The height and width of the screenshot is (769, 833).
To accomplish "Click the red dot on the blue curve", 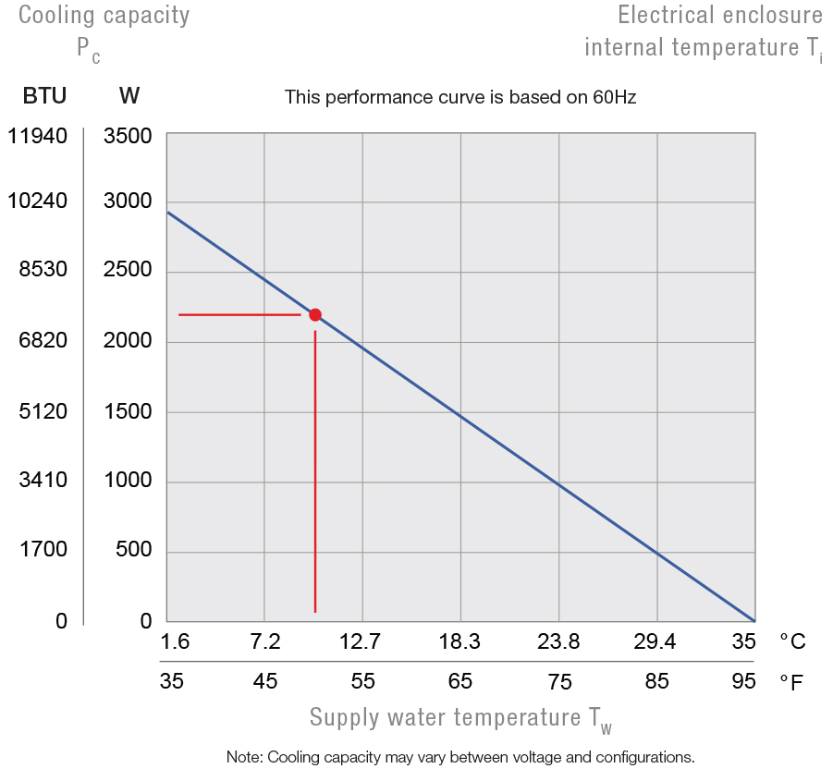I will (x=315, y=315).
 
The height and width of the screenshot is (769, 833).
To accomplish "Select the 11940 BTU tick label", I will (x=37, y=137).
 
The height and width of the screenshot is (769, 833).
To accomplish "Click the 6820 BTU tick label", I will (x=43, y=341).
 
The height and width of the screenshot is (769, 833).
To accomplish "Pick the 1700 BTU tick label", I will (x=43, y=550).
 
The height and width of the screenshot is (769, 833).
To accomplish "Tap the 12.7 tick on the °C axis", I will (x=361, y=641).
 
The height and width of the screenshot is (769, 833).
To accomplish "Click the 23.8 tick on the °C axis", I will (x=558, y=641).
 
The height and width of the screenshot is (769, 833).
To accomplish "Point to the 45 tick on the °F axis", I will (x=265, y=682).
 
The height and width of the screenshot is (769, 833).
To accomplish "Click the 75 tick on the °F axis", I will (x=559, y=682).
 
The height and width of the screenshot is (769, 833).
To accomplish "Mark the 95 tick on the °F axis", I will (x=743, y=682).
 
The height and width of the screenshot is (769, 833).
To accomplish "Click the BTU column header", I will (x=44, y=95).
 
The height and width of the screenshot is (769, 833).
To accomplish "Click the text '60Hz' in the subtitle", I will (x=615, y=96).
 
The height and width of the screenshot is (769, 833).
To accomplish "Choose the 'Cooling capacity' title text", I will (x=104, y=15).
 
